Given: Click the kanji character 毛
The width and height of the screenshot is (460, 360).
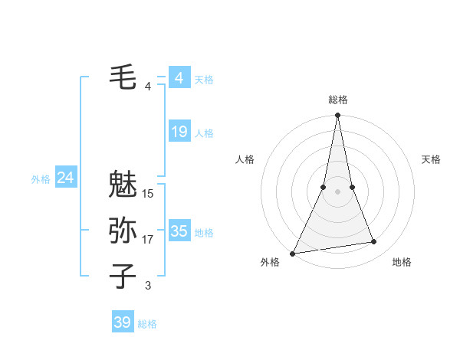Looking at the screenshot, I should [x=123, y=77].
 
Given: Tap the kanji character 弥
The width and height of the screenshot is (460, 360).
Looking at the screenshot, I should [x=123, y=230].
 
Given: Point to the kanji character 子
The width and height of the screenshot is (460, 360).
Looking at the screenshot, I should [x=123, y=276].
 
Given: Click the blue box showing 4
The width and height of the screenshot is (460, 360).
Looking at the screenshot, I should [x=179, y=78].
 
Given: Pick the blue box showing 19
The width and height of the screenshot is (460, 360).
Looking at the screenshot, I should [x=179, y=132].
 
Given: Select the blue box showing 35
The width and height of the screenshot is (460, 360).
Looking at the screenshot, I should [x=179, y=231].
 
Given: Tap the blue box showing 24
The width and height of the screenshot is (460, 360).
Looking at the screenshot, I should [x=65, y=178].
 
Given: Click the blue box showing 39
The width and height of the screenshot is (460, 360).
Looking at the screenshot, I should [x=122, y=322].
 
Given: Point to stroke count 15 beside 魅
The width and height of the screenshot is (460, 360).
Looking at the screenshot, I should [x=148, y=194].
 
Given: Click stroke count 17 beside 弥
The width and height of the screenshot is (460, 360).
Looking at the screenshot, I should [x=148, y=240].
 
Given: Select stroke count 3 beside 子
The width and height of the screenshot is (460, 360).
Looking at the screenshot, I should [x=148, y=286].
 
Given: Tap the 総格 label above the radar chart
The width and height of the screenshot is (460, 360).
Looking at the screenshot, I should [x=338, y=100].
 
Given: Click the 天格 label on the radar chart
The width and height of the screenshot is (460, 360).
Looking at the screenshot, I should [x=431, y=159].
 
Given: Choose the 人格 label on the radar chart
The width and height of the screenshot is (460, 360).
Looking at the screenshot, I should [x=245, y=159].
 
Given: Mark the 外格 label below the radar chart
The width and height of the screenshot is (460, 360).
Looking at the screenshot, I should [x=270, y=263].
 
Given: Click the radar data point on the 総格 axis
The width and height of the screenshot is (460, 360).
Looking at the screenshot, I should [x=338, y=116].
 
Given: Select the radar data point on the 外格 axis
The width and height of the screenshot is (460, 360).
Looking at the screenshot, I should [x=293, y=253].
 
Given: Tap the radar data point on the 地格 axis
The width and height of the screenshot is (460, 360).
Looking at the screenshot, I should [x=374, y=242].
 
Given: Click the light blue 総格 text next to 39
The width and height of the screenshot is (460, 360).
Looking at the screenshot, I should [x=147, y=324].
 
